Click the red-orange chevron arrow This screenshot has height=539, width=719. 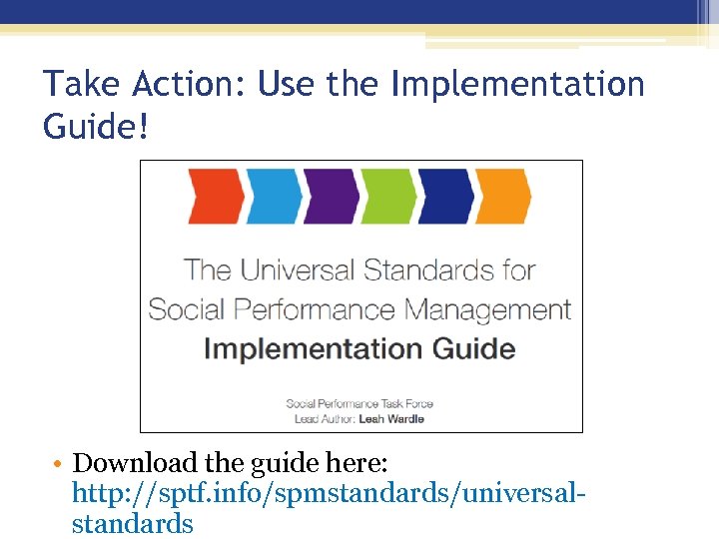coord(215,198)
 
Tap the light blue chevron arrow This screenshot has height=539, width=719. coord(273,198)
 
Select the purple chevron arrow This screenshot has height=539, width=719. coord(331,198)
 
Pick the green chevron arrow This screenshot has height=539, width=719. coord(388,198)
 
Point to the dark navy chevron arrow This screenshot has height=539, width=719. coord(446,198)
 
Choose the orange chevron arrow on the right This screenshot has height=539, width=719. coord(503,198)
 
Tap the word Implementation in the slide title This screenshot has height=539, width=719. coord(517,84)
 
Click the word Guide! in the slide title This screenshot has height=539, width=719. coord(97,127)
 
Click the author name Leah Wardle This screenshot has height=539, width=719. coord(390,419)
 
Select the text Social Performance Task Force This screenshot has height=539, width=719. coord(359,403)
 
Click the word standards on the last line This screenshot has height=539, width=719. coord(132,523)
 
